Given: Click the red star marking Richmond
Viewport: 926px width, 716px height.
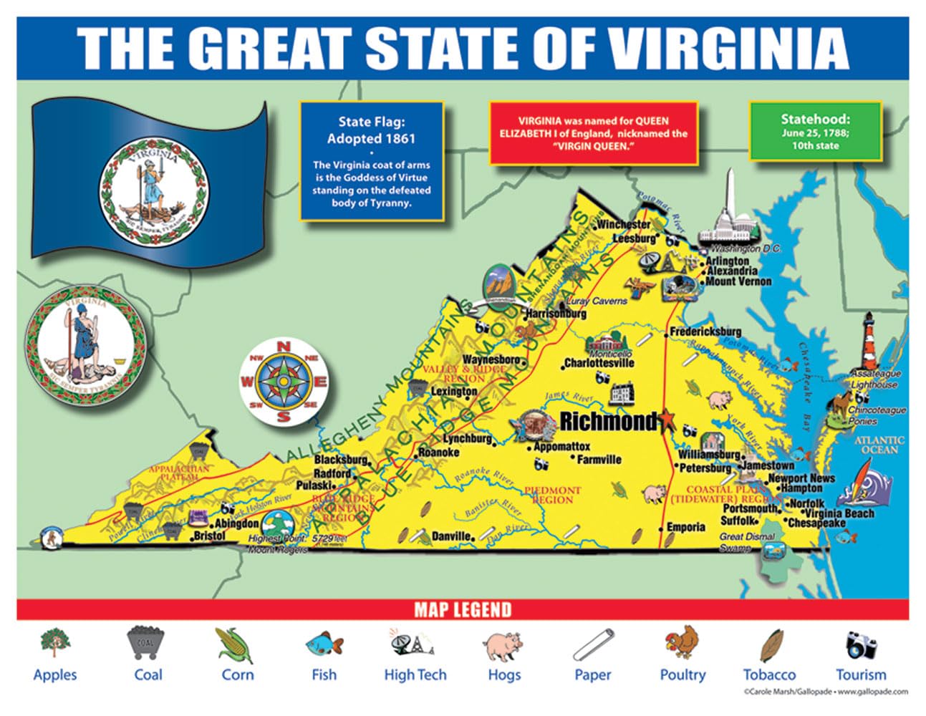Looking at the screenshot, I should tap(668, 421).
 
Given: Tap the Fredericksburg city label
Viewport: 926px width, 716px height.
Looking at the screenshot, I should tap(705, 332).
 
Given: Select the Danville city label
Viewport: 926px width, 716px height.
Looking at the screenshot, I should tap(450, 536).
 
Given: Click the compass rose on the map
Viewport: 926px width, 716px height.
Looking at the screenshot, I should tap(284, 382).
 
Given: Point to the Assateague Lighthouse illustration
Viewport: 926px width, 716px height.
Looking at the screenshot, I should tap(869, 342).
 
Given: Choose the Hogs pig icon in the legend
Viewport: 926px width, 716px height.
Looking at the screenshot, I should tap(503, 646).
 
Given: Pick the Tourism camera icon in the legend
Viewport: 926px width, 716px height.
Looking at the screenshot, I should tap(861, 644).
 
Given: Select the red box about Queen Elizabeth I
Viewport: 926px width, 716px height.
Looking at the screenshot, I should tap(593, 134).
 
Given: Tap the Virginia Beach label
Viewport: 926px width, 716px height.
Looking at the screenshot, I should tap(839, 513).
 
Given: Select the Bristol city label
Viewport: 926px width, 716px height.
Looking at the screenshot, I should tap(209, 536).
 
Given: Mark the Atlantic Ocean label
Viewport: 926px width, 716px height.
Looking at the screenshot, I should tap(879, 445).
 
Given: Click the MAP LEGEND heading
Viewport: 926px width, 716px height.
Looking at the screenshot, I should tap(463, 610).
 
